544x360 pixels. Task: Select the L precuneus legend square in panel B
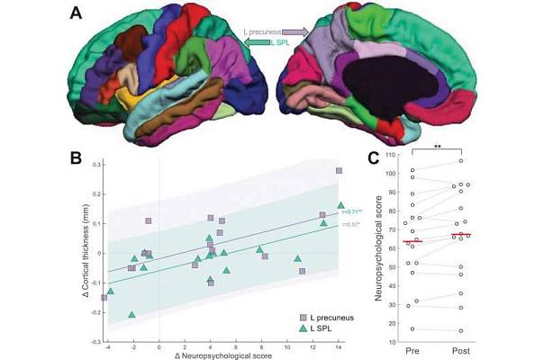pos(303,318)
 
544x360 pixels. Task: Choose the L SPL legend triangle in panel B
pos(303,328)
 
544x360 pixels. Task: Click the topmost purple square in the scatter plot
pos(340,170)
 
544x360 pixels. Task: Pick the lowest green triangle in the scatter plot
pos(132,315)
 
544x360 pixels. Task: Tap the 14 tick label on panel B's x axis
pos(339,348)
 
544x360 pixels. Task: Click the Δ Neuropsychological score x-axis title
pos(225,356)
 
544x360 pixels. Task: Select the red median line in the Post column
pos(462,235)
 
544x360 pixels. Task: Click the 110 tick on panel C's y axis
pos(389,155)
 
